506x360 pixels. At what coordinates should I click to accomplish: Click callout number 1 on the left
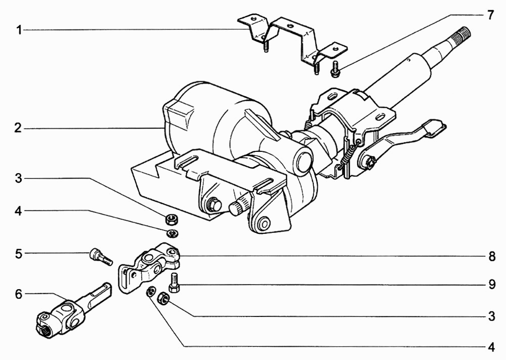(x=19, y=30)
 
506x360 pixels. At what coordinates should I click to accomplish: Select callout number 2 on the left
(x=18, y=128)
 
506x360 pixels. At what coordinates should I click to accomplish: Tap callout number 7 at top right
(x=490, y=15)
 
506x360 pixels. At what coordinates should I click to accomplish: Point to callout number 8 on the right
(x=492, y=256)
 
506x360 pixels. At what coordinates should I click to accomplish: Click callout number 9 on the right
(x=492, y=285)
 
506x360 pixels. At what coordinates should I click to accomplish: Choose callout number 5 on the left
(x=19, y=254)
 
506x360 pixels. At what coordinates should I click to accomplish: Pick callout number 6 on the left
(x=19, y=294)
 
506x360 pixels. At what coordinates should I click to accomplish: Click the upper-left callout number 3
(x=18, y=179)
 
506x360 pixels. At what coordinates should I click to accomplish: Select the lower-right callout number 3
(x=492, y=316)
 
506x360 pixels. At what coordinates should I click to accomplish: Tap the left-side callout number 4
(x=18, y=212)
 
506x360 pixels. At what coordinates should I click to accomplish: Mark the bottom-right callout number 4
(x=491, y=347)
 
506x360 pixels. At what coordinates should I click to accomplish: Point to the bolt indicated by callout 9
(x=174, y=282)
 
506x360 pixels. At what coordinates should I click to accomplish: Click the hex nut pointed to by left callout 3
(x=170, y=220)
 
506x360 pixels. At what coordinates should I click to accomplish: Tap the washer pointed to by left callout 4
(x=172, y=233)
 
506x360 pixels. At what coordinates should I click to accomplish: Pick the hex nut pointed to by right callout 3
(x=163, y=298)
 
